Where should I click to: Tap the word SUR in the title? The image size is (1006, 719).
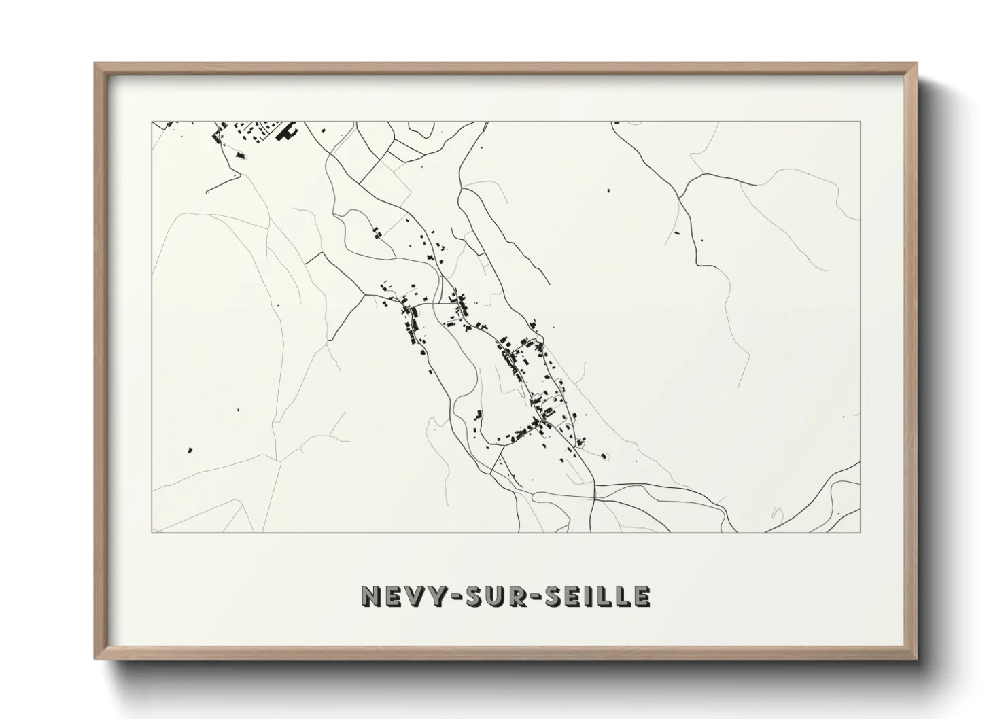point(491,596)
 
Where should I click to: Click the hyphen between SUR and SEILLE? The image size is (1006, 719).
point(535,597)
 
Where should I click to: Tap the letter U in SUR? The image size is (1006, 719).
point(491,596)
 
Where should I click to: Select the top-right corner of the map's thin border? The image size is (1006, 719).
point(861,122)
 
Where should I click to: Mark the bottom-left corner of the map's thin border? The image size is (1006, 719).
point(152,533)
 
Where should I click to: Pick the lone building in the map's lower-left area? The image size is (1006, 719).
point(190,449)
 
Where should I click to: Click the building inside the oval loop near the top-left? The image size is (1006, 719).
point(239,156)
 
